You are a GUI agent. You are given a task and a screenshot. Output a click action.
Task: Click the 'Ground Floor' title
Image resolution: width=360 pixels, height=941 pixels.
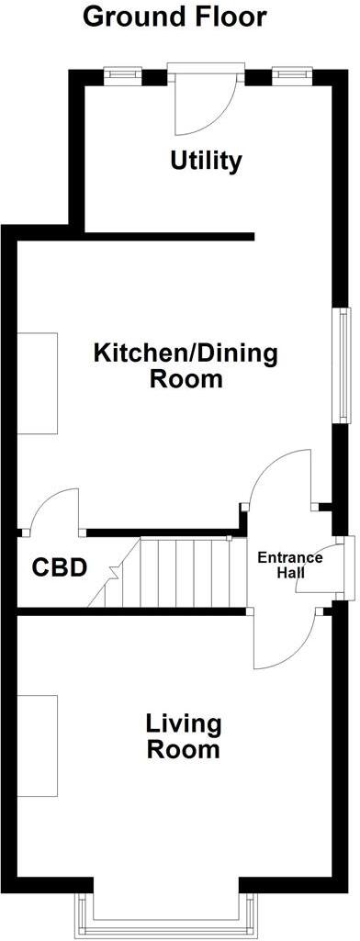[x=174, y=17]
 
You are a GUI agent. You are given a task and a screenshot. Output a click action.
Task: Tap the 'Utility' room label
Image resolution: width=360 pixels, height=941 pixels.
[x=207, y=162]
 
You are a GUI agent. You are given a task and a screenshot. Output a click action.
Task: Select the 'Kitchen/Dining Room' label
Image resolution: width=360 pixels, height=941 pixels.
[x=186, y=365]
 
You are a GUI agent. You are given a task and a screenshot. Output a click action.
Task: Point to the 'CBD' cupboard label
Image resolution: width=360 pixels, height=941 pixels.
[x=59, y=567]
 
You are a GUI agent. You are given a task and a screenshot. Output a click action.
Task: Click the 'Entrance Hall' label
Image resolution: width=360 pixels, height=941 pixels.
[x=289, y=565]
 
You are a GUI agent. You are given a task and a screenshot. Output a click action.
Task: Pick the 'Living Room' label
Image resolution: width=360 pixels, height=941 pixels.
[x=184, y=737]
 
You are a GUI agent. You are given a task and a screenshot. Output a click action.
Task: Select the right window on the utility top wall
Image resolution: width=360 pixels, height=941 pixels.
[x=291, y=73]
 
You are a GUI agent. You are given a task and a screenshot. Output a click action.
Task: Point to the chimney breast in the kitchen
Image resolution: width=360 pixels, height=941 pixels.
[x=37, y=383]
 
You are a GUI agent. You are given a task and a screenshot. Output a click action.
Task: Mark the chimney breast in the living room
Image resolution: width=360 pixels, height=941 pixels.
[x=37, y=745]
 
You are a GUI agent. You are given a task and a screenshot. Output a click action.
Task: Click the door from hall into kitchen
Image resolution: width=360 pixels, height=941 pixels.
[x=280, y=477]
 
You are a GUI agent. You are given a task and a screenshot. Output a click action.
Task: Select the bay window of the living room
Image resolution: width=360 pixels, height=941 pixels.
[x=165, y=914]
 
